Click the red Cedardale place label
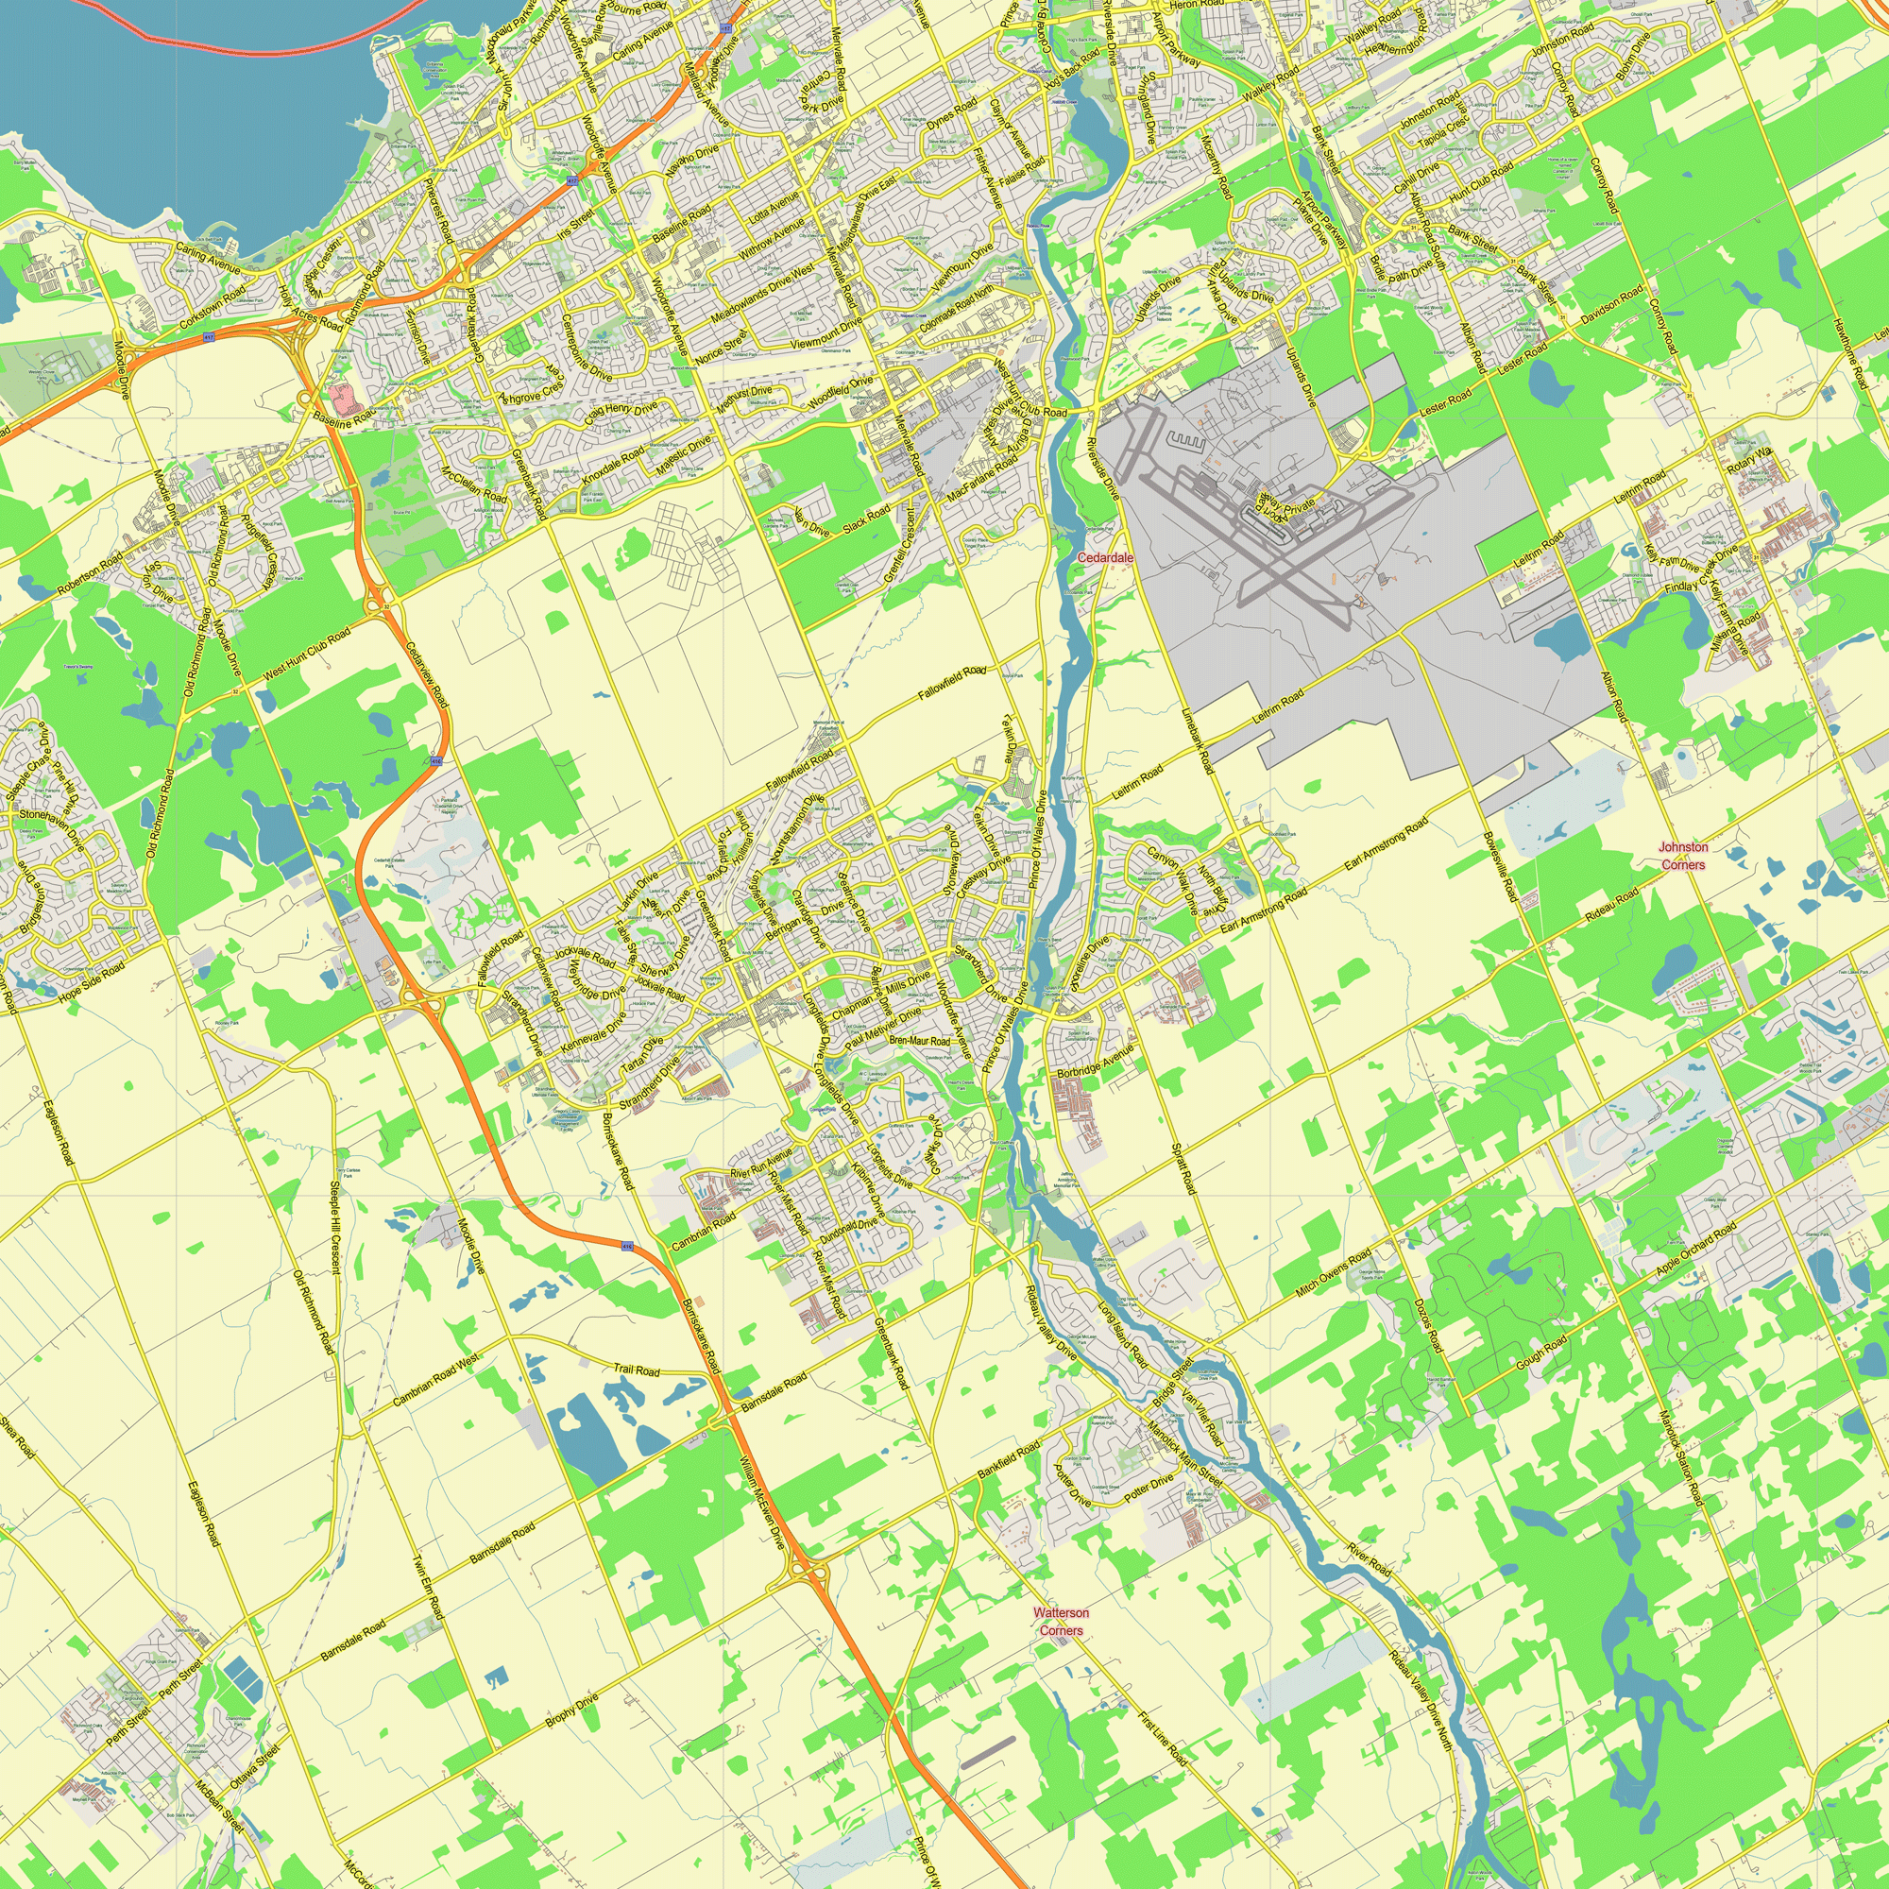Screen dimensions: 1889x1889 click(x=1105, y=557)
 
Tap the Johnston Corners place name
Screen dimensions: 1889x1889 click(x=1683, y=856)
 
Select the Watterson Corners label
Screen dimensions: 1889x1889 click(x=1061, y=1621)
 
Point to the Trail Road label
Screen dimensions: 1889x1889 click(x=637, y=1370)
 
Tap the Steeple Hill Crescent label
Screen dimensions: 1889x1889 click(x=334, y=1228)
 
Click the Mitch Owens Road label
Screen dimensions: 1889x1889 click(x=1333, y=1275)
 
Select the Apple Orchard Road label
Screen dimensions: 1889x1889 click(x=1695, y=1249)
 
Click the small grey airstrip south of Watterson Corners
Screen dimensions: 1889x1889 click(x=989, y=1751)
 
